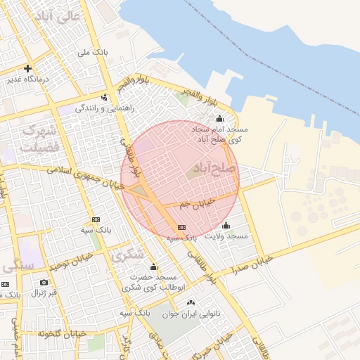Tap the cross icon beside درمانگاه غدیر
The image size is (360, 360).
[x=27, y=69]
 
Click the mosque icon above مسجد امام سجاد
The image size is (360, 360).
[x=219, y=118]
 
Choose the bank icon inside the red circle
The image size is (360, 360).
[x=182, y=227]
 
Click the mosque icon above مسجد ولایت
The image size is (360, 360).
[x=226, y=226]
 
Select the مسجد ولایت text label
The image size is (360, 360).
[x=226, y=236]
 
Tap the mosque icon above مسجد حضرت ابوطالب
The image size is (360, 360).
[x=153, y=267]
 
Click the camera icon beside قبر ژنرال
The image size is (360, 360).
[x=44, y=282]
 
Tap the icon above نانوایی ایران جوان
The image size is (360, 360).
[x=191, y=302]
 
